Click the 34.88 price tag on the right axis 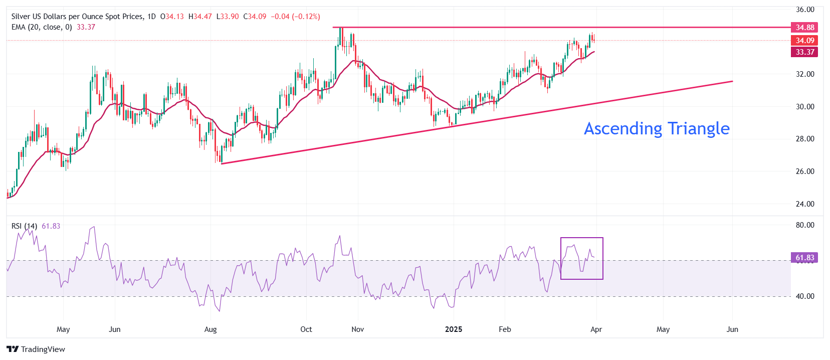point(804,28)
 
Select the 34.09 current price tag point(804,41)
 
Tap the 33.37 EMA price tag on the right point(804,52)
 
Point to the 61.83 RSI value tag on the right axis point(804,258)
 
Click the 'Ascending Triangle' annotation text point(657,129)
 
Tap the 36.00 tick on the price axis point(805,10)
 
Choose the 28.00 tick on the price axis point(805,139)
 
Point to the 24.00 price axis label point(805,204)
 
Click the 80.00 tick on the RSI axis point(805,225)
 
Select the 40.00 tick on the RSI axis point(805,296)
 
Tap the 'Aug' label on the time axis point(211,329)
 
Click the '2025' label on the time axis point(454,329)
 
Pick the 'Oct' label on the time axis point(306,329)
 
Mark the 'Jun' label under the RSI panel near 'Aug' point(115,329)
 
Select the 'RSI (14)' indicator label point(24,226)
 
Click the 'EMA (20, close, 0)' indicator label point(42,27)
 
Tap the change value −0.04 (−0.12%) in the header point(295,17)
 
